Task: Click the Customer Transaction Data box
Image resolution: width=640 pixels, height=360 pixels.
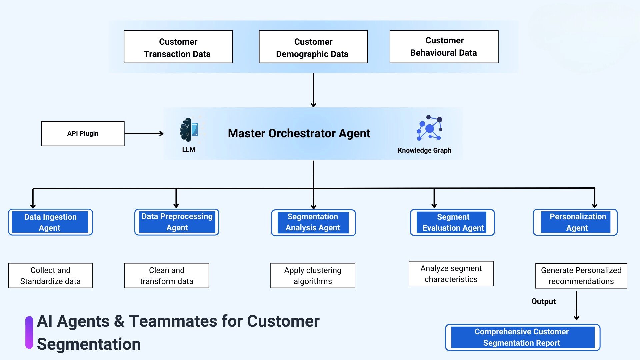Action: point(178,47)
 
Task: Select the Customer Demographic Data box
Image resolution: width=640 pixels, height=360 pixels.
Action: point(313,47)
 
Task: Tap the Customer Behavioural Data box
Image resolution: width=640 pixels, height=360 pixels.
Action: point(444,47)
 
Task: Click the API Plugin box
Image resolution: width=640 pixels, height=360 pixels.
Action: point(83,134)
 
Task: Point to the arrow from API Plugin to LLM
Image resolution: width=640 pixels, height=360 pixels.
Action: point(144,134)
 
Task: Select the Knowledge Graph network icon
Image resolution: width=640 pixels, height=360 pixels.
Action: point(429,128)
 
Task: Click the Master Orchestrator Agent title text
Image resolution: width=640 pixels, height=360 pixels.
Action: point(299,133)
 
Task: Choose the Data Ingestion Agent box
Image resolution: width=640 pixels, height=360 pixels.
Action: point(50,222)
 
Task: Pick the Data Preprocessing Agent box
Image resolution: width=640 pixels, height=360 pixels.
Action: point(177,222)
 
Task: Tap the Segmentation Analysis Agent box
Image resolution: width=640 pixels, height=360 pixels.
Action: point(313,223)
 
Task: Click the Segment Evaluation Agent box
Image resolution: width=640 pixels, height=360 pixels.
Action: point(452,223)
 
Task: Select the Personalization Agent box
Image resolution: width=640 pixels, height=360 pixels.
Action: point(575,222)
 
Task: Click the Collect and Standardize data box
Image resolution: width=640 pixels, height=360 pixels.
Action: point(50,276)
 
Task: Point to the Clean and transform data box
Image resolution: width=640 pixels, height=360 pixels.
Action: point(167,276)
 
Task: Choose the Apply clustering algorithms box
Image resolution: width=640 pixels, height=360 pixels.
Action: point(313,276)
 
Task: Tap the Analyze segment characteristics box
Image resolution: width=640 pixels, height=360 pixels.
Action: point(451,274)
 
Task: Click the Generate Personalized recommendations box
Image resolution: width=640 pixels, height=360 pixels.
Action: point(581,276)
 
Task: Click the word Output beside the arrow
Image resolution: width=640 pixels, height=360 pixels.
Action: point(543,301)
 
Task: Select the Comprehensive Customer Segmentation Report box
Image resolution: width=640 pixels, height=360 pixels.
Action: point(522,337)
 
